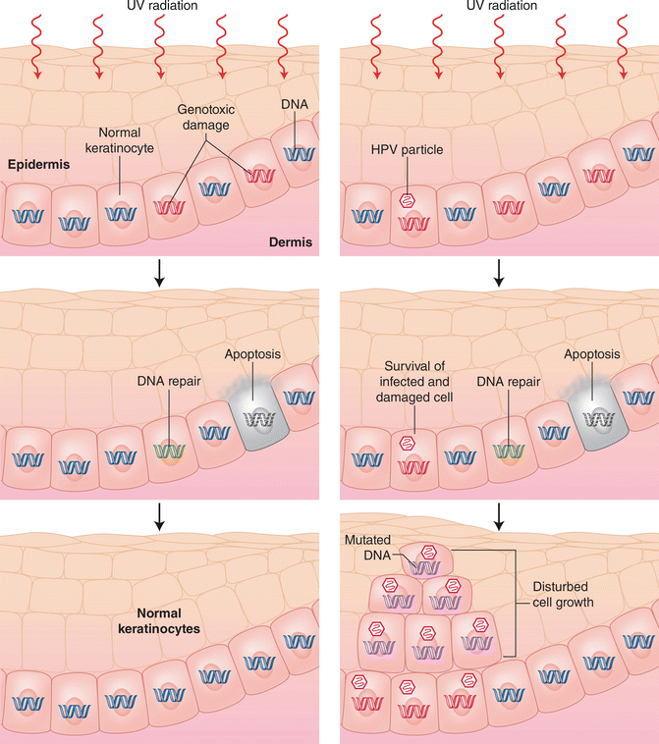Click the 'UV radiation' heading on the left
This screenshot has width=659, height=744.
(161, 6)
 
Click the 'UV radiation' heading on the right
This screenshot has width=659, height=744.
(497, 6)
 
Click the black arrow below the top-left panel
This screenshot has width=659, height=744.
(161, 278)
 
